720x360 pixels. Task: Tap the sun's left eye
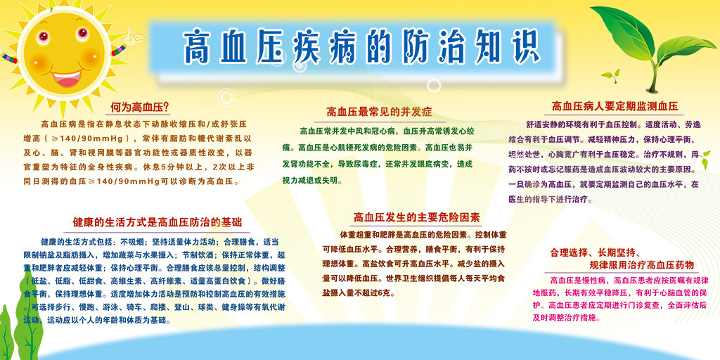point(44,36)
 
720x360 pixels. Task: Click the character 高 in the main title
point(198,46)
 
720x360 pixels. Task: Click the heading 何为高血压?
point(140,108)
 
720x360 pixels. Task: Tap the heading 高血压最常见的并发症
point(379,112)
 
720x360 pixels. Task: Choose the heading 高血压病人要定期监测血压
point(615,107)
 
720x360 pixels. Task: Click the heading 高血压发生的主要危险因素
point(416,217)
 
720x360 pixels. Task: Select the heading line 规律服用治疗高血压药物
point(641,265)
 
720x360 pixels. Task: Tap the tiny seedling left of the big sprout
point(611,76)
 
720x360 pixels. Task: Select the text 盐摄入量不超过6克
point(359,292)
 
